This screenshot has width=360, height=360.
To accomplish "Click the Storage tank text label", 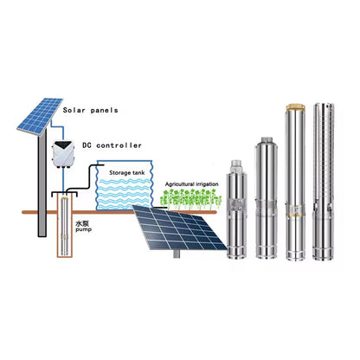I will click(126, 172).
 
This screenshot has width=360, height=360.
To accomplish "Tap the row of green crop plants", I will click(192, 200).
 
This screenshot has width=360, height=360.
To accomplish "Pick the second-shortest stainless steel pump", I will click(265, 199).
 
